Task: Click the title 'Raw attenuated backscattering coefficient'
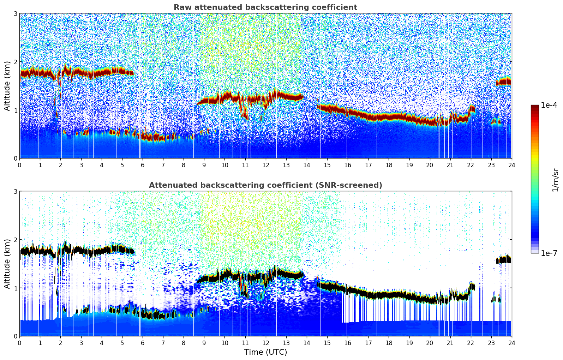tap(265, 7)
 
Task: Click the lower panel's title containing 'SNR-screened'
tap(265, 185)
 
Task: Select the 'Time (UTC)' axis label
tap(265, 352)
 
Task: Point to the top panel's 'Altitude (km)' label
tap(7, 86)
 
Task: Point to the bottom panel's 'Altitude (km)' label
tap(7, 264)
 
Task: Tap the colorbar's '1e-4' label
tap(549, 105)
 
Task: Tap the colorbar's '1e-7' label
tap(549, 253)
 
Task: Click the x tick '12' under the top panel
tap(265, 165)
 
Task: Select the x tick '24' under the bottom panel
tap(511, 343)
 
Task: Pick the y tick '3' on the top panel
tap(16, 13)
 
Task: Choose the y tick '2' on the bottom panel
tap(16, 240)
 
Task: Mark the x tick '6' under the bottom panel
tap(143, 343)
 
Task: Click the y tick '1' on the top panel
tap(16, 110)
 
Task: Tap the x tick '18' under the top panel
tap(389, 165)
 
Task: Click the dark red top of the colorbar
tap(535, 107)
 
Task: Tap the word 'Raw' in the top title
tap(181, 7)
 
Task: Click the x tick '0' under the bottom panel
tap(19, 343)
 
